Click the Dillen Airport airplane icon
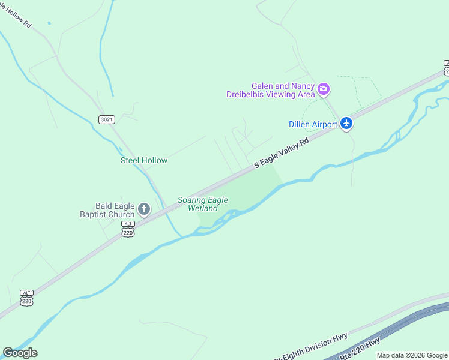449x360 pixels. click(x=346, y=124)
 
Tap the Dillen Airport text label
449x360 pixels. click(x=313, y=124)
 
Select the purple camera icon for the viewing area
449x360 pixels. click(x=324, y=89)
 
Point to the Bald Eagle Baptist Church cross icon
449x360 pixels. click(x=143, y=209)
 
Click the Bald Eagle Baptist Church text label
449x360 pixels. click(x=107, y=210)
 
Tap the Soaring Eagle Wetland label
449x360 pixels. click(x=203, y=204)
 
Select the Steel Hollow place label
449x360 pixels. click(x=144, y=160)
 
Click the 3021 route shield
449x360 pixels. click(x=106, y=119)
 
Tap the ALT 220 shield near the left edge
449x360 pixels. click(x=26, y=297)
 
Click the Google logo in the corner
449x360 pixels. click(x=20, y=353)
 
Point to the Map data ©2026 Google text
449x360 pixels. click(x=412, y=355)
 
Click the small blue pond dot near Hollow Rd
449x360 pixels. click(x=49, y=23)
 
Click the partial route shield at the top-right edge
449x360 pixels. click(x=445, y=67)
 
